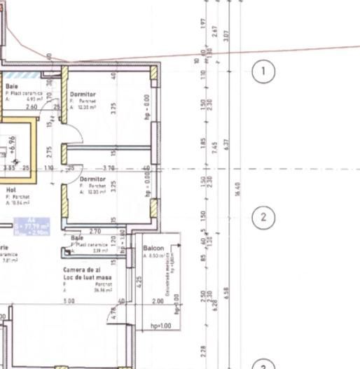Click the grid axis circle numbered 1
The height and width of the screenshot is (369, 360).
tap(263, 71)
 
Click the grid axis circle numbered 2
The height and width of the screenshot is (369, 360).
tap(263, 216)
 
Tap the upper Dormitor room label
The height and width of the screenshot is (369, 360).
tap(83, 95)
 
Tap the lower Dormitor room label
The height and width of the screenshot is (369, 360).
tap(92, 179)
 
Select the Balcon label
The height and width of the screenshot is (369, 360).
tap(153, 249)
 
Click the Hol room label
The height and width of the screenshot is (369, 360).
tap(11, 190)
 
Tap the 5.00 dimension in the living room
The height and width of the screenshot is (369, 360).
tap(69, 301)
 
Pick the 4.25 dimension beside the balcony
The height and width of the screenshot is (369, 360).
tap(140, 281)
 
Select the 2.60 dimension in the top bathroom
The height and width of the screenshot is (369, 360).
tap(32, 107)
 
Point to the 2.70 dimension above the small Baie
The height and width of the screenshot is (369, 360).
tap(96, 231)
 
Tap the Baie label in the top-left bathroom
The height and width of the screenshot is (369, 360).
tap(12, 86)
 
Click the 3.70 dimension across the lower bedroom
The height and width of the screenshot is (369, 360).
tap(109, 168)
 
